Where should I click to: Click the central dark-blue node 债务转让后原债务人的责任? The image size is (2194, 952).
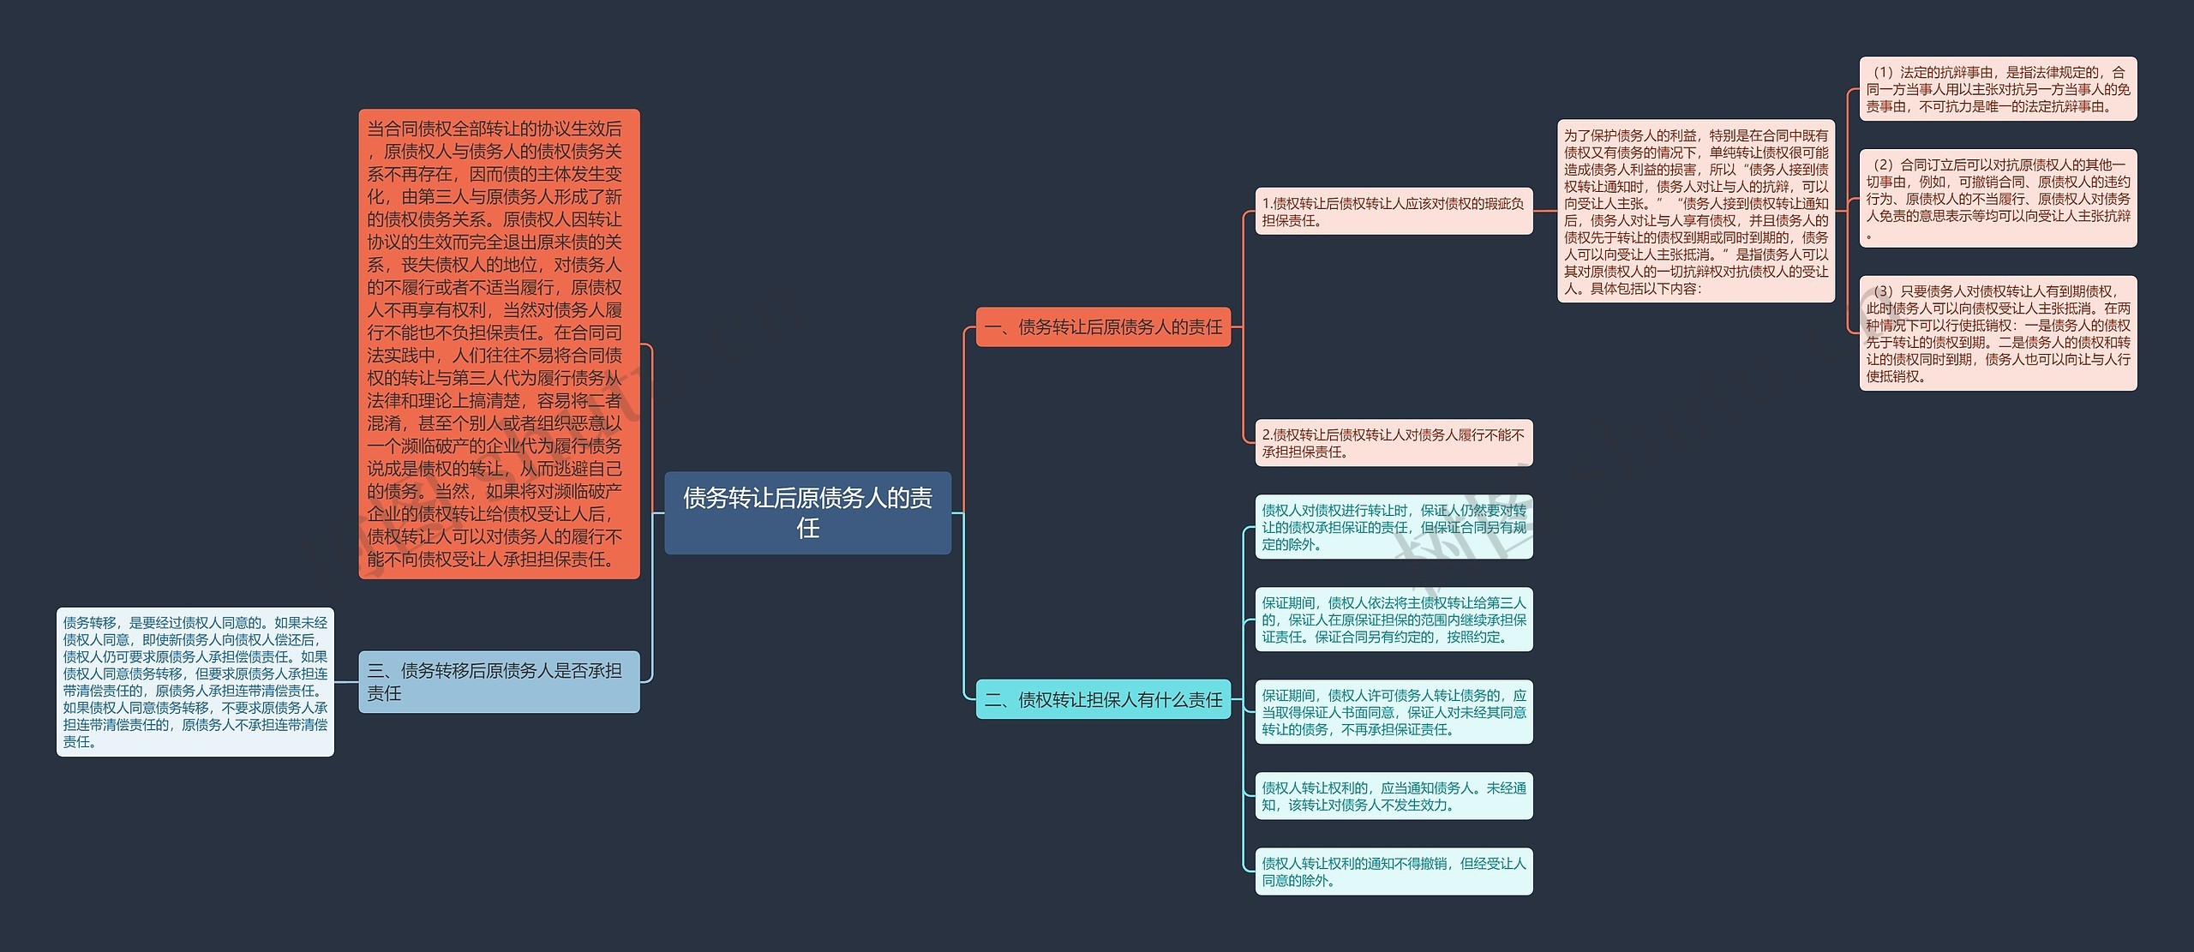point(807,512)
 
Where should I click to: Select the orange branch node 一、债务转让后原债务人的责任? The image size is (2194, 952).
point(1103,326)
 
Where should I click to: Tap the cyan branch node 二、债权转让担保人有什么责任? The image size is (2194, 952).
point(1103,699)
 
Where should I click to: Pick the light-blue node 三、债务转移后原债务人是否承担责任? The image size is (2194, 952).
point(499,681)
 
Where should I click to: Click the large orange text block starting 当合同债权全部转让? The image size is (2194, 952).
point(499,344)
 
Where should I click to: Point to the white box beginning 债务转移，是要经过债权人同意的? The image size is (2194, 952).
point(195,682)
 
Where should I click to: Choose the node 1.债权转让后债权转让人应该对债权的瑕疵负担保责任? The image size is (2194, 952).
point(1394,211)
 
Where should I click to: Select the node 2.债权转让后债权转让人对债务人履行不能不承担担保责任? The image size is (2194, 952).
point(1394,443)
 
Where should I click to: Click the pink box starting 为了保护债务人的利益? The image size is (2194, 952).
point(1696,211)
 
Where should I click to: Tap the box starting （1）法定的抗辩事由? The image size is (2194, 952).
point(1998,89)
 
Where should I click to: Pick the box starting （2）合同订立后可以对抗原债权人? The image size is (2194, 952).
point(1998,199)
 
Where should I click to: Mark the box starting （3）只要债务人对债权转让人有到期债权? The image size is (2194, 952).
point(1998,333)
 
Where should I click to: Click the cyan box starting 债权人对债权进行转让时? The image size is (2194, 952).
point(1394,527)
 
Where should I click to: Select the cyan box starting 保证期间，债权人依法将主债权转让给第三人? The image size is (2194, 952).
point(1394,620)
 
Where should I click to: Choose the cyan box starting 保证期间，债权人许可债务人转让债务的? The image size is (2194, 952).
point(1394,712)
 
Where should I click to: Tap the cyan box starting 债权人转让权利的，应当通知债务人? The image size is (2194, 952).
point(1394,796)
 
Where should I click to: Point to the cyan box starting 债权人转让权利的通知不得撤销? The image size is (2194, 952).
point(1394,871)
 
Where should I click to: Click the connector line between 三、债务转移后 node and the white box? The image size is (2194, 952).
point(346,682)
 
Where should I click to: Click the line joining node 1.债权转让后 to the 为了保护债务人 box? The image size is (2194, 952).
point(1545,211)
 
